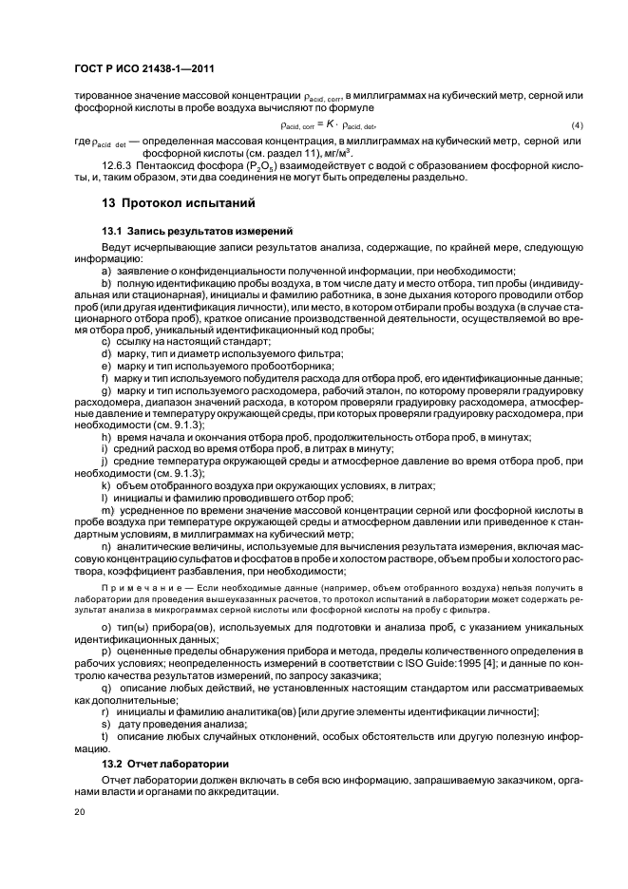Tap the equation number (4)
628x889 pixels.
click(x=577, y=126)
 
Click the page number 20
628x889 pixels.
click(x=81, y=813)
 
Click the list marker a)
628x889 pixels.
click(x=106, y=271)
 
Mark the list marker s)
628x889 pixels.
click(x=106, y=725)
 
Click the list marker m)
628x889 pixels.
click(x=107, y=511)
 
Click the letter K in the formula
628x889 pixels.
click(x=325, y=125)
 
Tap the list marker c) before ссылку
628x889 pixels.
click(x=106, y=341)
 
